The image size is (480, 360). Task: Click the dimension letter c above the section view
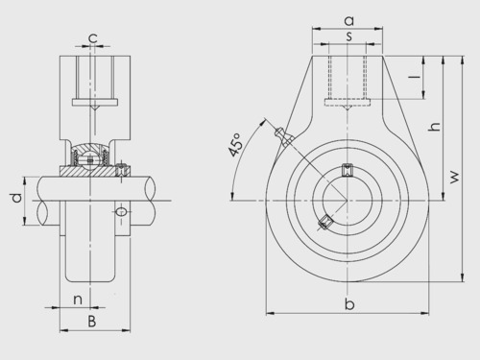pos(92,38)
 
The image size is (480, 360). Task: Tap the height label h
pos(434,127)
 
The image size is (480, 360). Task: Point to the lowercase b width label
pos(350,305)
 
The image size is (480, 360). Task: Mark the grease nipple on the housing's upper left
pos(280,134)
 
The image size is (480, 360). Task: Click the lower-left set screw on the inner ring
pos(325,223)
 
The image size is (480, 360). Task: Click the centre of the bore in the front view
pos(349,200)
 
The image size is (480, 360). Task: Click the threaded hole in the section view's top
pos(92,82)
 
